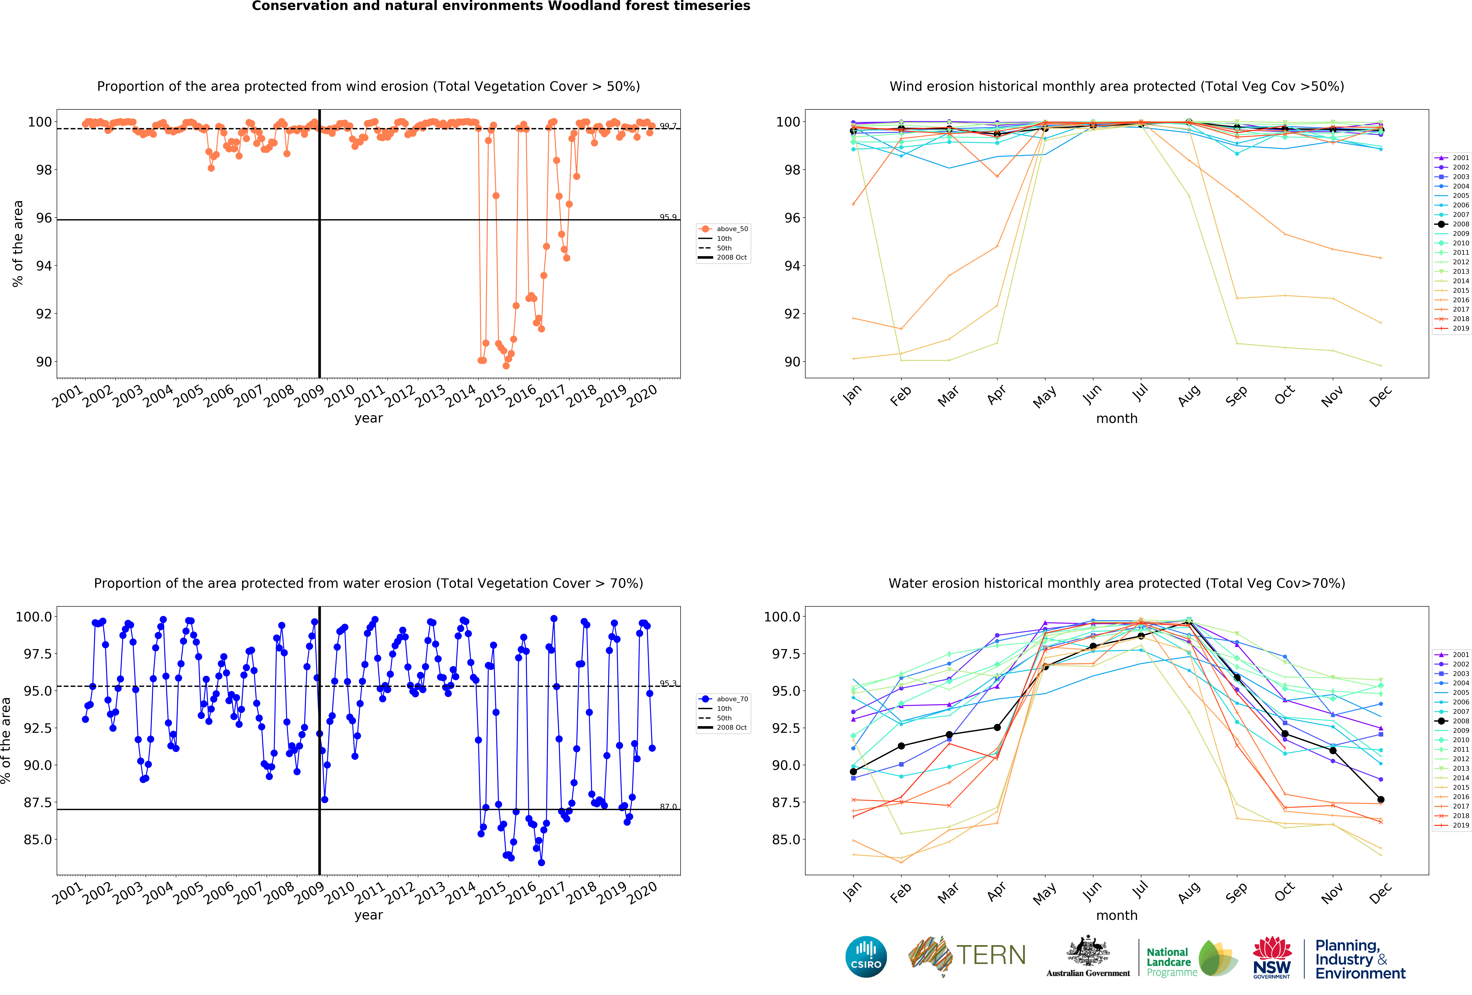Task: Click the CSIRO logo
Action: [x=866, y=956]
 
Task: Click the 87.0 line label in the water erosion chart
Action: [x=668, y=807]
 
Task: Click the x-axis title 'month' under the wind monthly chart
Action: [x=1117, y=418]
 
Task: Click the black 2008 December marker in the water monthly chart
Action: [x=1381, y=800]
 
